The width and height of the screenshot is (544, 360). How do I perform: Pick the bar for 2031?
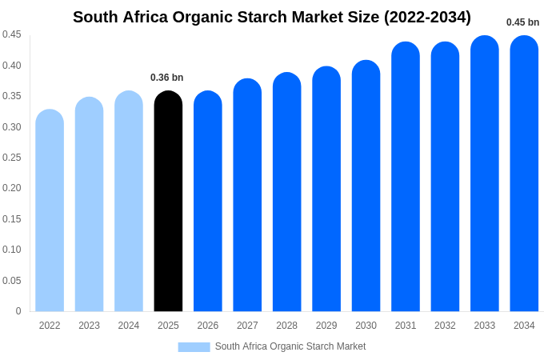[x=406, y=177]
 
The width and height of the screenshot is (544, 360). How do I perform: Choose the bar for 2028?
[x=286, y=192]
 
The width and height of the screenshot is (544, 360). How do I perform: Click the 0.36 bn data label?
[x=167, y=78]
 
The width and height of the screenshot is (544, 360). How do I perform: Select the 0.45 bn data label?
[x=522, y=22]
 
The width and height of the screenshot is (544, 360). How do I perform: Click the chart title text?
[x=272, y=17]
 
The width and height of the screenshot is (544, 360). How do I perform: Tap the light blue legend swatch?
[x=194, y=347]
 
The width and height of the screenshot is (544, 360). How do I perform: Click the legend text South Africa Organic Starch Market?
[x=290, y=346]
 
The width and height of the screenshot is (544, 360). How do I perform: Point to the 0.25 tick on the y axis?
[x=12, y=158]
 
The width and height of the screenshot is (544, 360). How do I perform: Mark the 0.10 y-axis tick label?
[x=12, y=250]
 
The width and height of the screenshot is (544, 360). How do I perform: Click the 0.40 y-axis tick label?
[x=12, y=66]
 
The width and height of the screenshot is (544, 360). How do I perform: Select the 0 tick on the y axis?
[x=18, y=311]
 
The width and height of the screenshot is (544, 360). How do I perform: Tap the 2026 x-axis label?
[x=208, y=326]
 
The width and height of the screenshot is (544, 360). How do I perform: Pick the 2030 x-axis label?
[x=366, y=326]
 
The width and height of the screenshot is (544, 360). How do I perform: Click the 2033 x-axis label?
[x=485, y=326]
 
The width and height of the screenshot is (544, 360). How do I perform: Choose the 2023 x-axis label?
[x=89, y=326]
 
